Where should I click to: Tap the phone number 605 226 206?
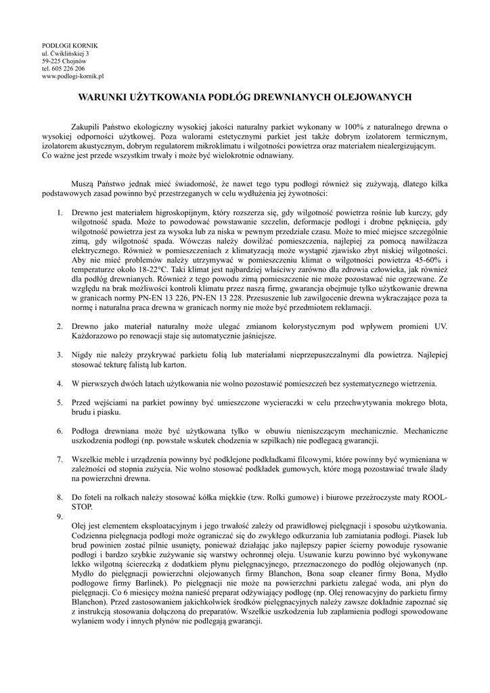tap(68, 69)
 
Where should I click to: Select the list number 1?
tap(60, 213)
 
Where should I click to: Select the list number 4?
tap(60, 384)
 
